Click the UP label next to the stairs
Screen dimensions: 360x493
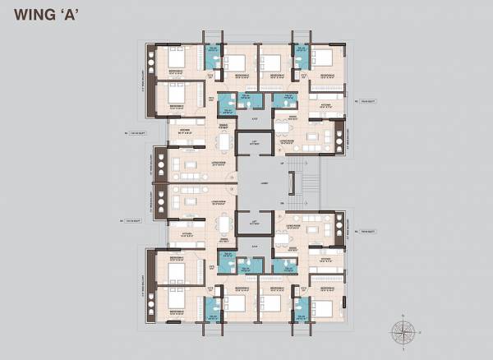(281, 164)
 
